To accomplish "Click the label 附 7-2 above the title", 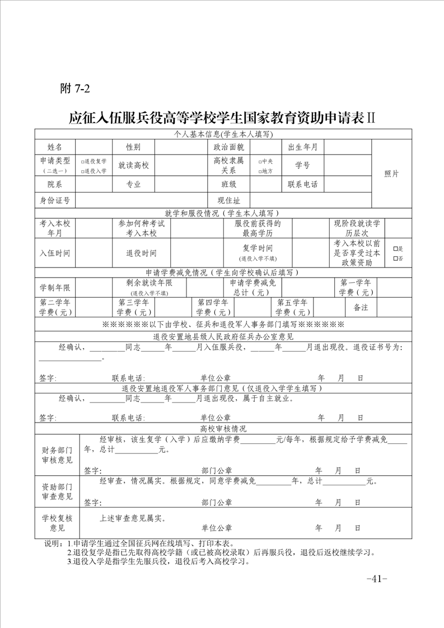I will coord(74,88).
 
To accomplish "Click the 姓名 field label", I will coord(55,147).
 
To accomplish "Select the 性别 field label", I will coord(133,147).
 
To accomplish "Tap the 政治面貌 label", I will coord(228,147).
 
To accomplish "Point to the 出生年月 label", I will coord(302,147).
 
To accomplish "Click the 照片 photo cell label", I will coord(391,174).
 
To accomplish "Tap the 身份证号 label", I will coord(55,200).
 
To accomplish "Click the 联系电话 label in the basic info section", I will coord(302,184).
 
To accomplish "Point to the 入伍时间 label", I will coord(55,253).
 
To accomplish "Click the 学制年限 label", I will coord(55,287).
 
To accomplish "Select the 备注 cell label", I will coord(361,307).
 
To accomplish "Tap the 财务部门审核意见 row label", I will coord(57,454).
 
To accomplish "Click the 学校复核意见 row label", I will coord(57,523).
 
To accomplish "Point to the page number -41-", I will coord(376,579).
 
